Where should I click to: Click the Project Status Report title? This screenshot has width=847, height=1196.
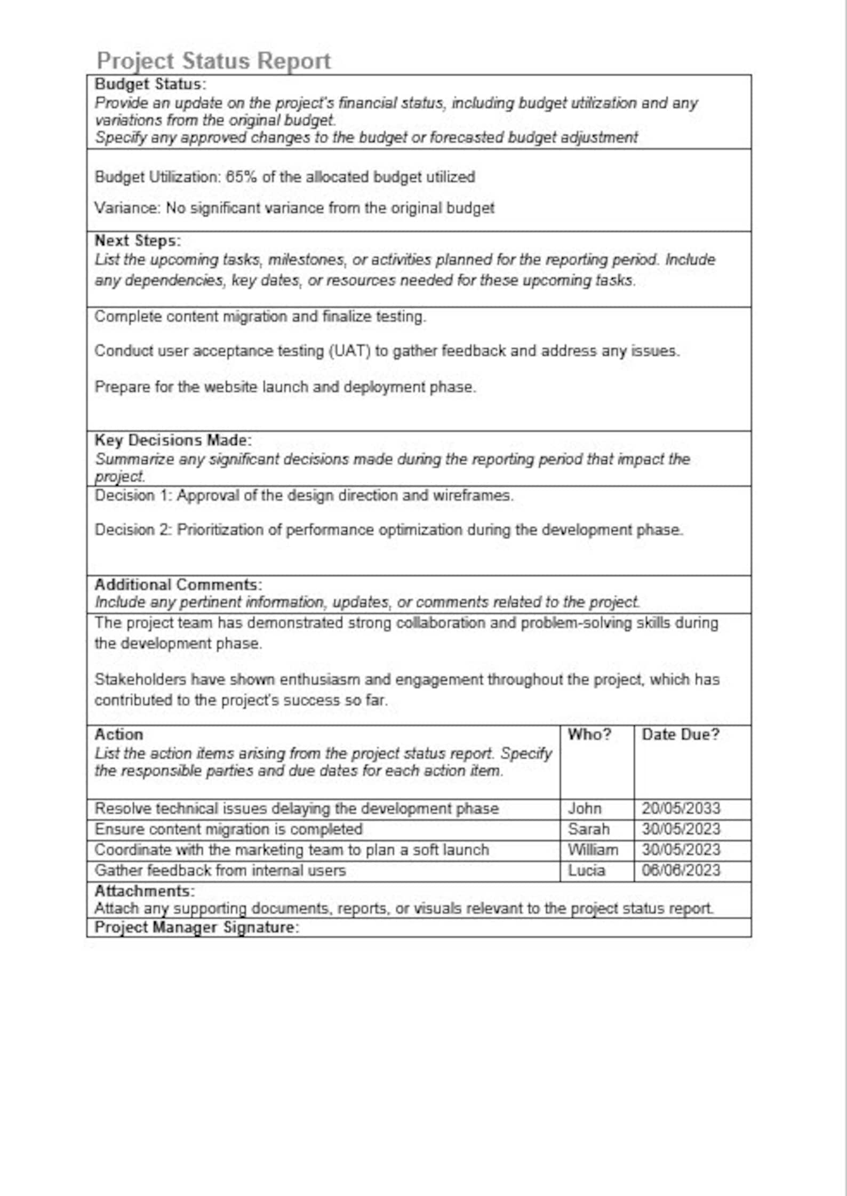(213, 61)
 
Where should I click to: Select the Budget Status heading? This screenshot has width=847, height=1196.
(150, 84)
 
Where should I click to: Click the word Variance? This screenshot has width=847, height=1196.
(127, 208)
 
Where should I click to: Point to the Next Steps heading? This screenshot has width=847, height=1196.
(138, 241)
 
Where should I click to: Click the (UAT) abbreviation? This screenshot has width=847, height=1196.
(349, 351)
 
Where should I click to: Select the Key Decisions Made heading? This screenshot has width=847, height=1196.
(172, 440)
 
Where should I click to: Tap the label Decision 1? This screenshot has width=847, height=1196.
(132, 495)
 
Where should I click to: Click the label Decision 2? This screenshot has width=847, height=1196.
(132, 530)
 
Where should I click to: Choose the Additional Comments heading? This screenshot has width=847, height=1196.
(178, 585)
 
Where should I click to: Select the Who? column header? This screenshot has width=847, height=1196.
(589, 735)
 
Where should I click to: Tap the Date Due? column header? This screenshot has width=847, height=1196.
(680, 735)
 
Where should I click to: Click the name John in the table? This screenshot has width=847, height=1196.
(584, 809)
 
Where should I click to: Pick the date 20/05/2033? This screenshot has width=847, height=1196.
(681, 809)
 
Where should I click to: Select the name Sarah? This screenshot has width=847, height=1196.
(588, 829)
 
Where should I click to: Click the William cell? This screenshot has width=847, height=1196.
(593, 850)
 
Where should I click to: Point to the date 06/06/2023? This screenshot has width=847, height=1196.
(681, 871)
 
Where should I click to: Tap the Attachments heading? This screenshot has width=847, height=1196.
(145, 891)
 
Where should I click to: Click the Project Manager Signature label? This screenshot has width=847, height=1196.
(196, 927)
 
